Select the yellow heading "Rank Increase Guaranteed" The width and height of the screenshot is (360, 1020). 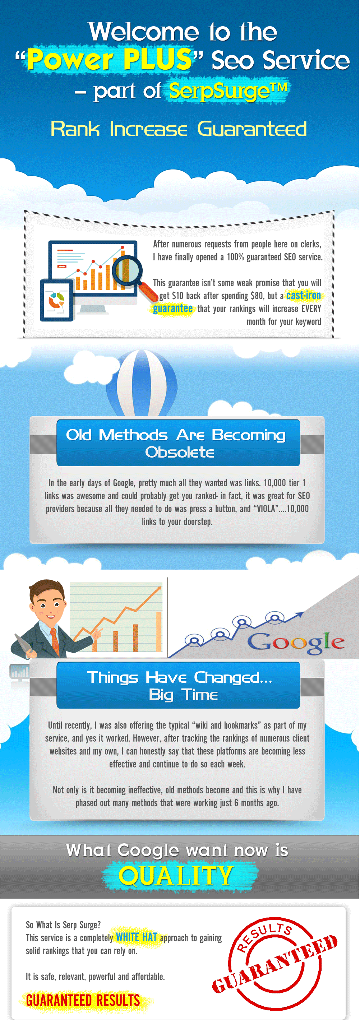179,129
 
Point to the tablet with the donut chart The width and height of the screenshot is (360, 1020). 57,300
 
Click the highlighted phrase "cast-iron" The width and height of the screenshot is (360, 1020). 303,295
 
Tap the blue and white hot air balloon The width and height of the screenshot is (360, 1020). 142,382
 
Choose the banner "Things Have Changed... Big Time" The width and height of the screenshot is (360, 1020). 178,685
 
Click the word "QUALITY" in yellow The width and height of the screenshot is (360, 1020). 176,876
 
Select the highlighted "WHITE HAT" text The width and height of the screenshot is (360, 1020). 137,938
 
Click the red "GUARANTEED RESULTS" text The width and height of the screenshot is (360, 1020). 83,1000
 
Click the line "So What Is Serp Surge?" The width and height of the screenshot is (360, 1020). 63,925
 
